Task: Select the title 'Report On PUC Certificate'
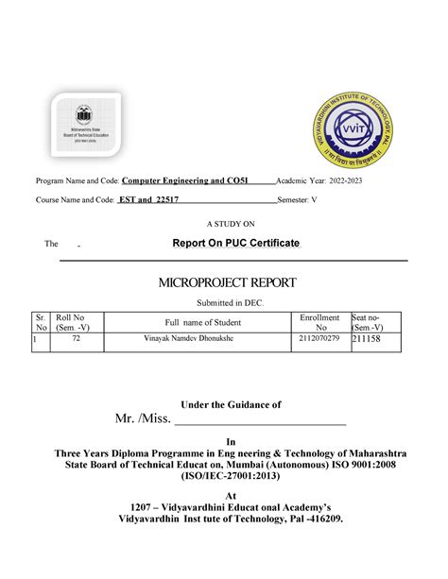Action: tap(235, 244)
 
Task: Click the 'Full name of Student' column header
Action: tap(203, 323)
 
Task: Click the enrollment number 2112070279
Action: tap(318, 338)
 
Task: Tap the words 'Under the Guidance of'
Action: tap(232, 404)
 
